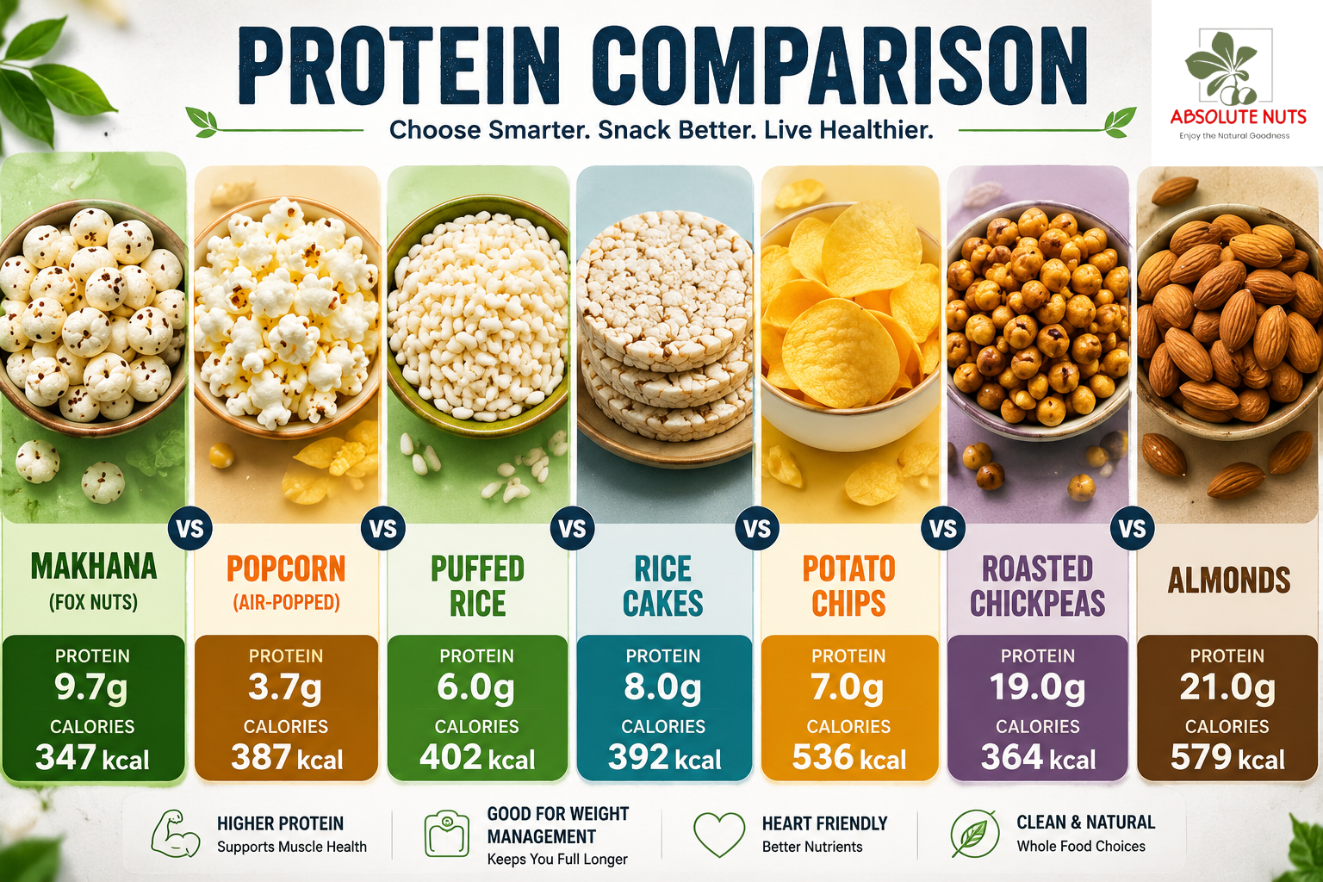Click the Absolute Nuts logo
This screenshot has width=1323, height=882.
pyautogui.click(x=1238, y=83)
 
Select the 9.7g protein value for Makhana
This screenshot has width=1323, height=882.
pyautogui.click(x=91, y=687)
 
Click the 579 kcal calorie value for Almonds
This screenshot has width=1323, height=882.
pyautogui.click(x=1227, y=757)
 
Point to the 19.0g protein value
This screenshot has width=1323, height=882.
pyautogui.click(x=1037, y=687)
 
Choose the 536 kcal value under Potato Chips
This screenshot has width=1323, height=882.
pyautogui.click(x=848, y=757)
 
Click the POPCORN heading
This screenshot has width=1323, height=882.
pyautogui.click(x=286, y=568)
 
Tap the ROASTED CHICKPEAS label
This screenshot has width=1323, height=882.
pyautogui.click(x=1038, y=586)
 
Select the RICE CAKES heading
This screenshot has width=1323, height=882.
pyautogui.click(x=662, y=586)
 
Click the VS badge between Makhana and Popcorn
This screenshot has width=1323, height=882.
pyautogui.click(x=190, y=528)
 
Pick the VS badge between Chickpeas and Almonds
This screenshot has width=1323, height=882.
pyautogui.click(x=1133, y=528)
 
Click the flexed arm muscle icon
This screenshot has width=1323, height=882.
pyautogui.click(x=176, y=834)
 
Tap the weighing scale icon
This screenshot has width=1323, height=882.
pyautogui.click(x=446, y=834)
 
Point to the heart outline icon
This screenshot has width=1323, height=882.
pyautogui.click(x=719, y=834)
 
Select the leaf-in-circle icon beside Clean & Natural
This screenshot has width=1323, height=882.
pyautogui.click(x=974, y=834)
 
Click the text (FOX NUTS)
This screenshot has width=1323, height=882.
pyautogui.click(x=93, y=603)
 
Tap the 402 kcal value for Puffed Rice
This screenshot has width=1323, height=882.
pyautogui.click(x=477, y=757)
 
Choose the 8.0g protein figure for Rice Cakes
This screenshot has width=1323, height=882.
pyautogui.click(x=662, y=687)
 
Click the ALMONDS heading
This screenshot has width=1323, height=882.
pyautogui.click(x=1229, y=581)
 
